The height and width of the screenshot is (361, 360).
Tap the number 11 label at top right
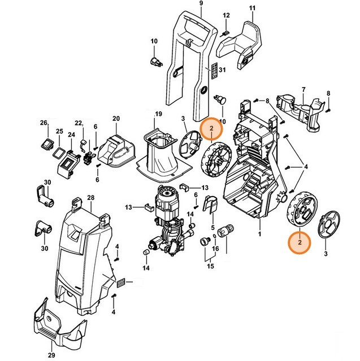click(x=253, y=10)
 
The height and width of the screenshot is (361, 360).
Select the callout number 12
click(x=226, y=15)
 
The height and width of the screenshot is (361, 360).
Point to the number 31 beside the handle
click(x=222, y=70)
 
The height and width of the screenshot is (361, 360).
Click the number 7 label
click(x=303, y=90)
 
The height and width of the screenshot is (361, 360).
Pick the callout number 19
click(x=159, y=114)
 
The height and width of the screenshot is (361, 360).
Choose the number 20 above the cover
click(x=116, y=119)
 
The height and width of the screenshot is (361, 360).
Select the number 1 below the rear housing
click(x=259, y=233)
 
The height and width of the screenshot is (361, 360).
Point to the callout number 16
click(x=215, y=248)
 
